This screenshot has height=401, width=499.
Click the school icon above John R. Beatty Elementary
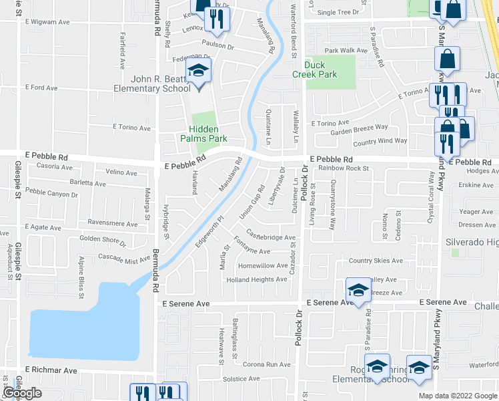(x=197, y=70)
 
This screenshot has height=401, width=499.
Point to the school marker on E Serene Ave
(x=358, y=290)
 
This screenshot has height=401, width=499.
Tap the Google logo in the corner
(x=22, y=393)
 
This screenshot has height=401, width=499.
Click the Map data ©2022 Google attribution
(x=457, y=396)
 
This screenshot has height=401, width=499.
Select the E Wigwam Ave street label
(x=47, y=23)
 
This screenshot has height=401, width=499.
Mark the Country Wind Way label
(x=380, y=141)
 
